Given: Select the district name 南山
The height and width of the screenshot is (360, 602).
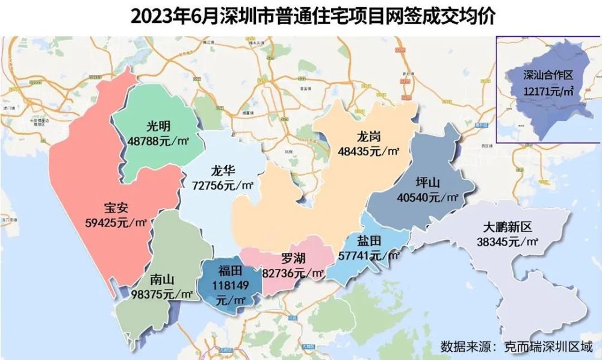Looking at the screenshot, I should (x=161, y=280).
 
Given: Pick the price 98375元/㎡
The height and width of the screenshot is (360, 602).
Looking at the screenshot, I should (x=161, y=294).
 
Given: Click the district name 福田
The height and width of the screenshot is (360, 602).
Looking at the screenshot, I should (x=230, y=270).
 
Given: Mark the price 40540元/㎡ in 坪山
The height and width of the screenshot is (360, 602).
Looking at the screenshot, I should (x=428, y=197).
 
